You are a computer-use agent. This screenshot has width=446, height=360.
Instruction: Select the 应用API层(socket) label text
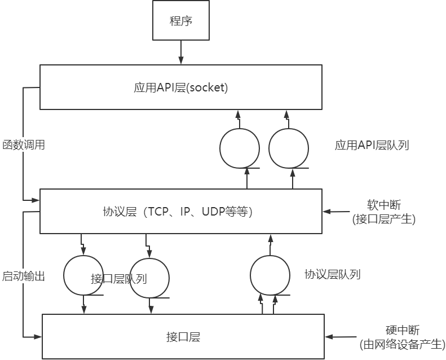click(x=180, y=88)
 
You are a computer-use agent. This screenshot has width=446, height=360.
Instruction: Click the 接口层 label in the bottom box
click(x=183, y=337)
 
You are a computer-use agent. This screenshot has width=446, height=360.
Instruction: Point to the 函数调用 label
click(x=24, y=145)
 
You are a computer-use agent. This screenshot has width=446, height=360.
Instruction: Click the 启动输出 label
click(x=24, y=276)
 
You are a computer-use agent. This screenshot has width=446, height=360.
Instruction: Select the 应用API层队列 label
click(x=372, y=145)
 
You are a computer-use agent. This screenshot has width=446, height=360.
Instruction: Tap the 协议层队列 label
click(x=332, y=275)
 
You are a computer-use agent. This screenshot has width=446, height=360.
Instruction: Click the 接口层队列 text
click(x=119, y=279)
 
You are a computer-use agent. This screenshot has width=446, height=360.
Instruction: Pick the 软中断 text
click(x=383, y=204)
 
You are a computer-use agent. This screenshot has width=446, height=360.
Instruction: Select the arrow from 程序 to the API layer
click(x=181, y=52)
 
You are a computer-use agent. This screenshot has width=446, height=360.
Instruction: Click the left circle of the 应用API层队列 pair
click(x=239, y=148)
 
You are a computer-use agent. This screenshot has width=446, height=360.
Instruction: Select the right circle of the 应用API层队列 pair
click(x=289, y=148)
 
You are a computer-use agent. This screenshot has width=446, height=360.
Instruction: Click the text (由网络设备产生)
click(x=402, y=344)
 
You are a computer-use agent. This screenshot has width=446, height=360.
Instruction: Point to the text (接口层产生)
click(x=383, y=219)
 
